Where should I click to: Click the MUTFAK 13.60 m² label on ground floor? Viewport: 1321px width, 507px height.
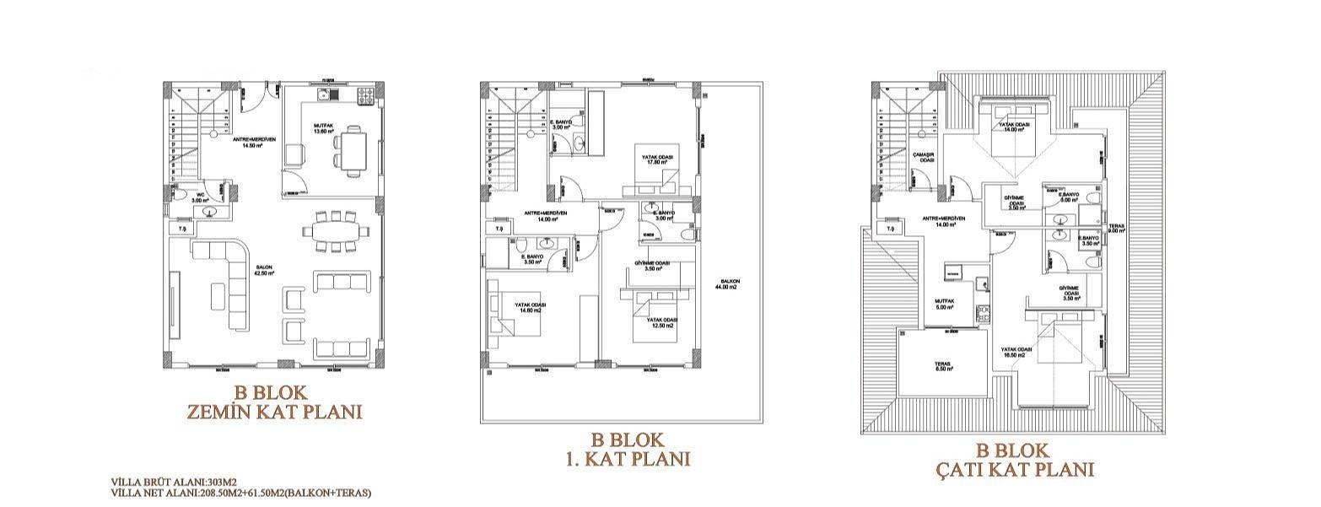324,129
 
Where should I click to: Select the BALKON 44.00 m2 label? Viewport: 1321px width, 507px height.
725,284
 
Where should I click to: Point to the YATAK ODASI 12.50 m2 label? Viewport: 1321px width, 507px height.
660,323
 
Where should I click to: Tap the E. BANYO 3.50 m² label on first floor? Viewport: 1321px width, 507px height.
532,259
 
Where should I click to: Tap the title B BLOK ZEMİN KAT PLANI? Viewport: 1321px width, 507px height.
273,402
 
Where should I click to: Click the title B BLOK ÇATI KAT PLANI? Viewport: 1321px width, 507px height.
1012,460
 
